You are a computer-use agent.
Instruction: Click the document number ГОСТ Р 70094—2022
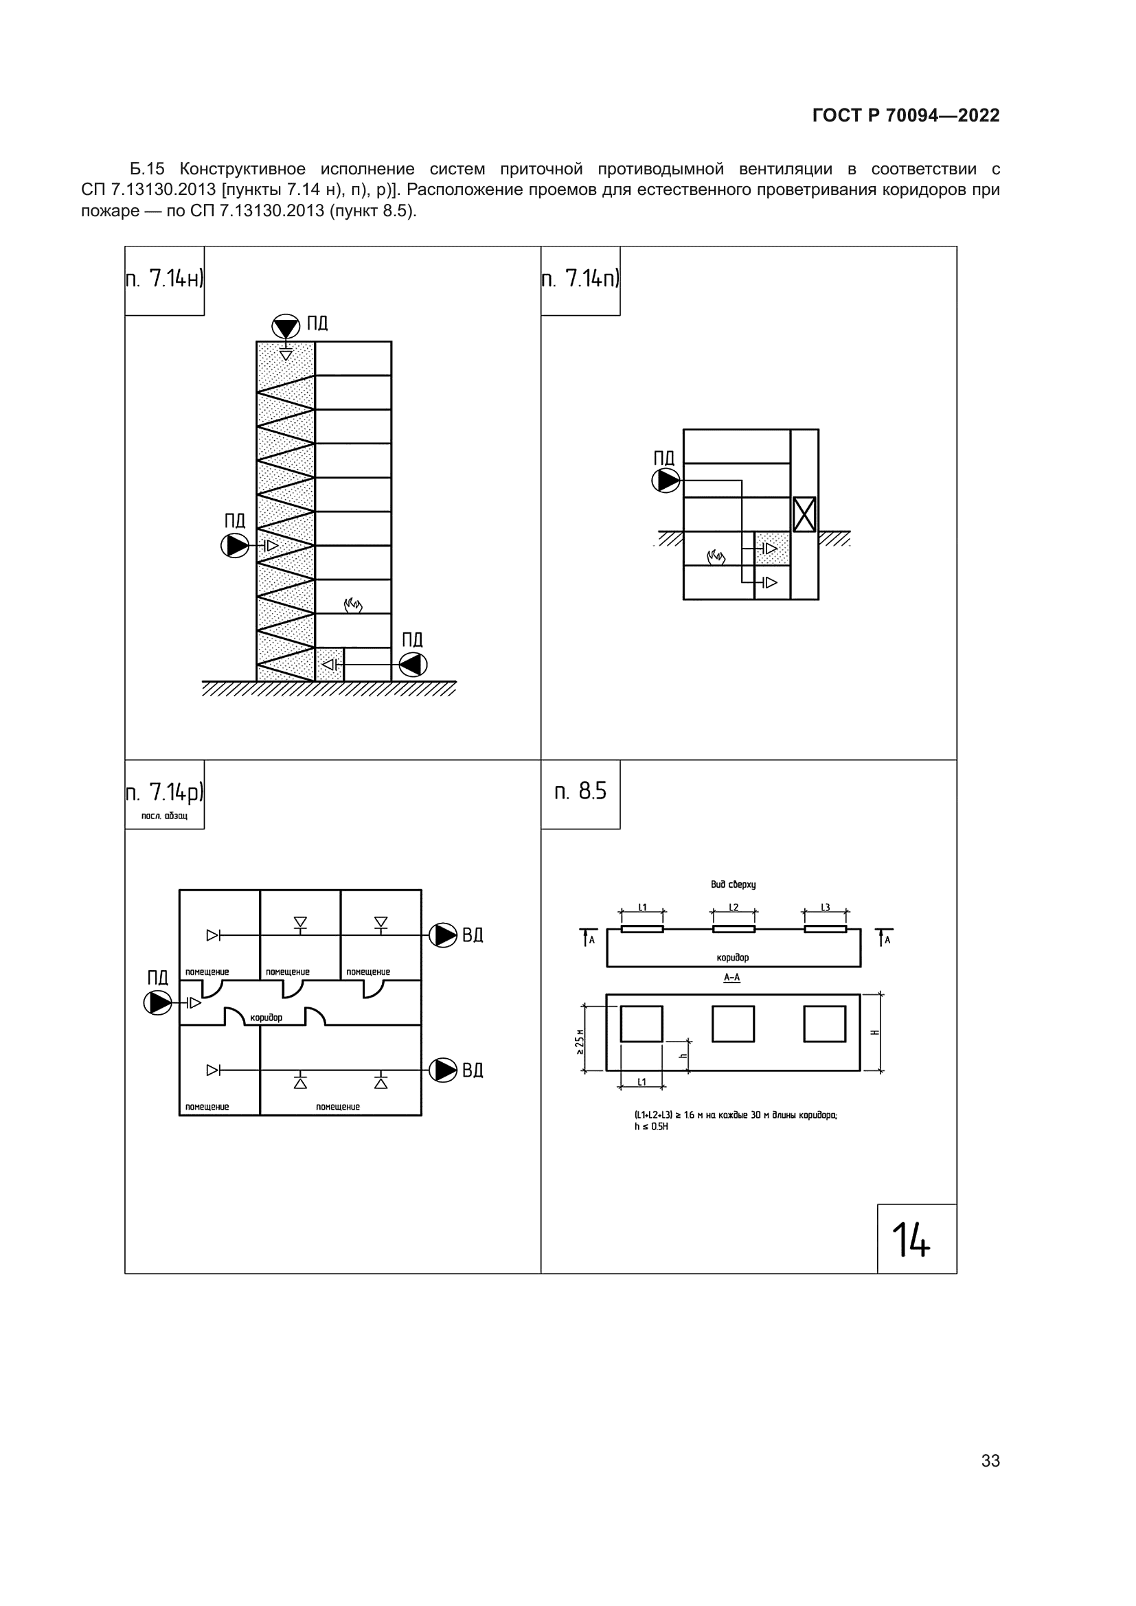click(906, 115)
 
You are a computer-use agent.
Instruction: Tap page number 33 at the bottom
click(990, 1460)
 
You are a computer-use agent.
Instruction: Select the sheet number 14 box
click(917, 1239)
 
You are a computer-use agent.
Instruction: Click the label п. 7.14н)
click(164, 279)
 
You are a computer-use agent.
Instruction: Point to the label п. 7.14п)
click(580, 279)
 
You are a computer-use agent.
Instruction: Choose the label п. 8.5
click(580, 791)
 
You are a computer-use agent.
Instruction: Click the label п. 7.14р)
click(164, 792)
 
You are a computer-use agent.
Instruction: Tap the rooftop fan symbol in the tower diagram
click(286, 327)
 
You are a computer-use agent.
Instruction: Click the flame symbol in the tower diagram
click(353, 604)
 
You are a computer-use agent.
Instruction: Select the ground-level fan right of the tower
click(413, 665)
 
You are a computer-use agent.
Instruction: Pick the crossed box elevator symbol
click(804, 514)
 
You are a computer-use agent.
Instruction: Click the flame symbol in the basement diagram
click(716, 557)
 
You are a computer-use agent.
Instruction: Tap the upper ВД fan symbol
click(443, 935)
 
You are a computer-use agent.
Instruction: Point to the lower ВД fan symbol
click(443, 1070)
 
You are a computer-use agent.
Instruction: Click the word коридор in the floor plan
click(266, 1017)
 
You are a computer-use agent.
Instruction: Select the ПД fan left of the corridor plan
click(158, 1003)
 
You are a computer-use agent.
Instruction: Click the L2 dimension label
click(734, 907)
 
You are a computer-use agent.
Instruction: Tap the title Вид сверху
click(733, 884)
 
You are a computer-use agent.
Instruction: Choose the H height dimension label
click(875, 1033)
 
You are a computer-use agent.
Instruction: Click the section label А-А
click(731, 977)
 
